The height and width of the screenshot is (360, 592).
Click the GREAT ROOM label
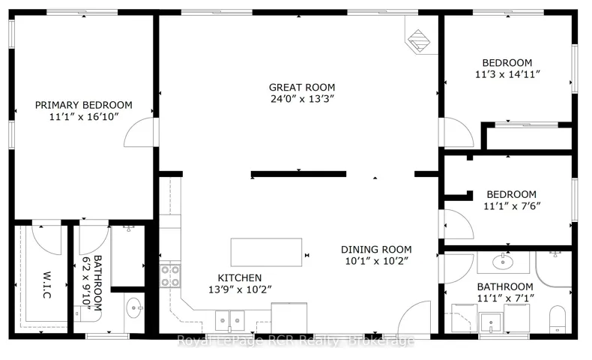point(302,87)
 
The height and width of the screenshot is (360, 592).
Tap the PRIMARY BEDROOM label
point(83,105)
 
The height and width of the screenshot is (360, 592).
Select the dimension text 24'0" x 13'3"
point(303,99)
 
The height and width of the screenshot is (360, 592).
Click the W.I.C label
point(46,285)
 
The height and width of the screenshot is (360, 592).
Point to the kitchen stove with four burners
point(170,276)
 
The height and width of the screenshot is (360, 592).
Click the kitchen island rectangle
point(266,252)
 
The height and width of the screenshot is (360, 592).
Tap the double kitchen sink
point(229,320)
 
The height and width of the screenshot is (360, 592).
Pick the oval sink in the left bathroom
point(134,307)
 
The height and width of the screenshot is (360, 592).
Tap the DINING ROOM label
point(376,249)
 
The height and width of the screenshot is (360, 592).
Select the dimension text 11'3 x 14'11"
point(507,74)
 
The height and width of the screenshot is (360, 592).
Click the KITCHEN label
point(239,277)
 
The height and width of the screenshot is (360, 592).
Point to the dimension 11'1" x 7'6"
point(512,206)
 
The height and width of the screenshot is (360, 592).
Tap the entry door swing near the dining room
point(414,317)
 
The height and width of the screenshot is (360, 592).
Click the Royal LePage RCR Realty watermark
point(295,340)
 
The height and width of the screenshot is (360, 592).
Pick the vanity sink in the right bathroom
point(503,262)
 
